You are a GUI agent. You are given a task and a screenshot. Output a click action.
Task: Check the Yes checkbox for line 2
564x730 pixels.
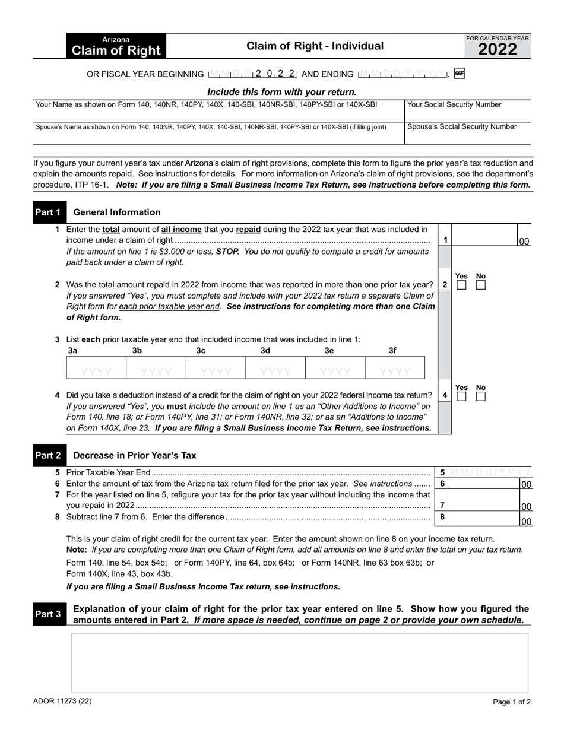point(461,285)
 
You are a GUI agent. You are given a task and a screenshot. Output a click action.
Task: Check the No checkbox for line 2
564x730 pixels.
point(481,285)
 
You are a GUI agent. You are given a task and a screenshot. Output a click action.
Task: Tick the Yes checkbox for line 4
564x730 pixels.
point(461,396)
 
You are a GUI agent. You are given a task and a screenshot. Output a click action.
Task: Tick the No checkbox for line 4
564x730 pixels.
point(481,396)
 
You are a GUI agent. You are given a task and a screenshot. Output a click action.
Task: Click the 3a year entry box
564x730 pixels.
point(96,372)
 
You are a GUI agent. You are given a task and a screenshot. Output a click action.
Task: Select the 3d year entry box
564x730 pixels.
point(275,372)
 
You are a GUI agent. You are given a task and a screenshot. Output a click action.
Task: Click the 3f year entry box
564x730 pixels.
point(395,372)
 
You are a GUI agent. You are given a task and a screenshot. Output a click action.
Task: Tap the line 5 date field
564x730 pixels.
point(490,472)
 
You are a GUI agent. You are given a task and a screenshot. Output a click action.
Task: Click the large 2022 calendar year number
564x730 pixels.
point(498,50)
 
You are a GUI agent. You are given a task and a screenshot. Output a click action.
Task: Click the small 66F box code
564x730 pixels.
point(459,74)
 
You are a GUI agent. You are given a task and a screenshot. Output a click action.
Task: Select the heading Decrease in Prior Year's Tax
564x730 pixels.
point(134,456)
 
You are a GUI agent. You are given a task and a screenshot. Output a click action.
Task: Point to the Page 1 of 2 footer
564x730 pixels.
point(512,702)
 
